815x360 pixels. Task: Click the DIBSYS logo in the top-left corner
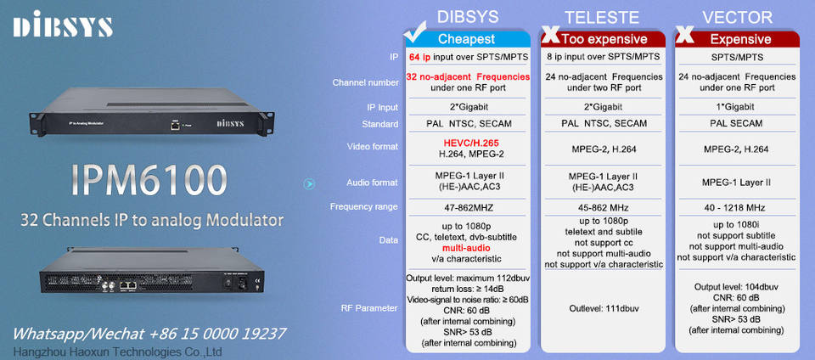63,25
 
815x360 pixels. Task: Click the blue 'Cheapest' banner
466,39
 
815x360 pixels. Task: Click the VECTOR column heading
738,17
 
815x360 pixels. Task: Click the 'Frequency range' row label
364,207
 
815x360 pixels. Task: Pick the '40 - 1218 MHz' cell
736,207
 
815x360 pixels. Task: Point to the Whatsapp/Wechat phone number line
149,333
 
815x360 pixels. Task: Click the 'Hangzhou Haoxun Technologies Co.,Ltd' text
117,351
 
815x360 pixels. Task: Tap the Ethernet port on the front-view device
175,124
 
